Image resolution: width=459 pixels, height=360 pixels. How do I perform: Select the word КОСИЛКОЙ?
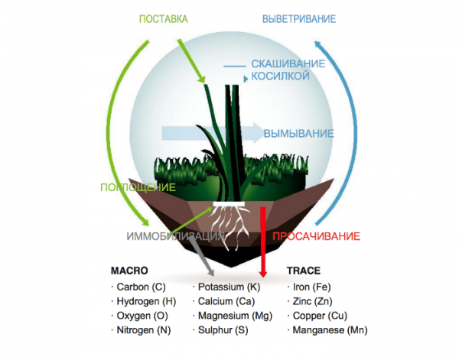(x=278, y=77)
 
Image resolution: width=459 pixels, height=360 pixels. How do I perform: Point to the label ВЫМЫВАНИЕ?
(x=298, y=133)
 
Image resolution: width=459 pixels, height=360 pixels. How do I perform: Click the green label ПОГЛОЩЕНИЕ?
(x=137, y=186)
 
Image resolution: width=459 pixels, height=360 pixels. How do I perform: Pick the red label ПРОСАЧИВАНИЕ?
(x=316, y=236)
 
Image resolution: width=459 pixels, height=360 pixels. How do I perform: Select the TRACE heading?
(x=303, y=271)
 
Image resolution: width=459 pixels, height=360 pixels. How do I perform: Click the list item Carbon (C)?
(x=141, y=287)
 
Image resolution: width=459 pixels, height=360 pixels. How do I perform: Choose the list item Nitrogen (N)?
(x=142, y=330)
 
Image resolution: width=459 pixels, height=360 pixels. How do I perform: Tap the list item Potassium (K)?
(x=229, y=287)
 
